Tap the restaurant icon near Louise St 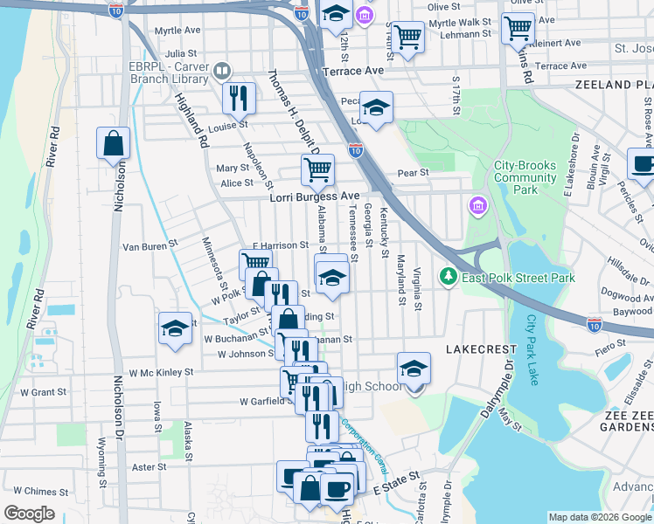coord(239,98)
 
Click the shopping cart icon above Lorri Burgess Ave coord(317,169)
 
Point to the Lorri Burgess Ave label coord(314,197)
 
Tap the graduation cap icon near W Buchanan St coord(175,330)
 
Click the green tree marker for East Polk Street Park coord(449,277)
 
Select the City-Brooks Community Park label coord(525,177)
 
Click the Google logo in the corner coord(30,513)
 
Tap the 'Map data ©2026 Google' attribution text coord(600,517)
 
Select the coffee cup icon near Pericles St coord(643,163)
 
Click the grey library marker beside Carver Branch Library coord(223,71)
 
